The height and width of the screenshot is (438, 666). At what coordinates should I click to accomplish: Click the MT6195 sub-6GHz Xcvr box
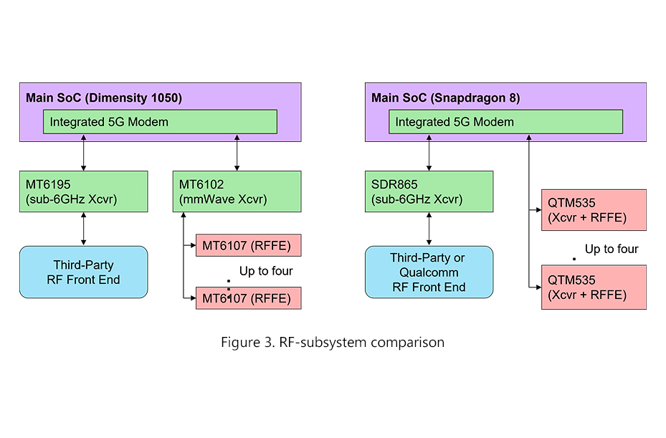(84, 191)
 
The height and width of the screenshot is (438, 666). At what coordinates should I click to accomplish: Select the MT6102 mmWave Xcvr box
(237, 191)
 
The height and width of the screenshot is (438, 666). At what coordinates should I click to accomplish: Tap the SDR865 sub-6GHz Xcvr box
(429, 191)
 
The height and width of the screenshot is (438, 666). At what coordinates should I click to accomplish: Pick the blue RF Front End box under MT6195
(84, 272)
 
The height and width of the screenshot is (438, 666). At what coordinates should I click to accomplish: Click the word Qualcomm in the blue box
(429, 272)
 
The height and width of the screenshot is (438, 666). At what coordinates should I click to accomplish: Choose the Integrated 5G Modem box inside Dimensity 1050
(160, 122)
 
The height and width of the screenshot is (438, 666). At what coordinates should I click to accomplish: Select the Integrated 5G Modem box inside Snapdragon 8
(505, 122)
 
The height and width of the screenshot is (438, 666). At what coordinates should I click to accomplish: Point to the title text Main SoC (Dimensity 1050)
(104, 97)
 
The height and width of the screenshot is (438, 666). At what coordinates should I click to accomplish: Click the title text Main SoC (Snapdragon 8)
(445, 97)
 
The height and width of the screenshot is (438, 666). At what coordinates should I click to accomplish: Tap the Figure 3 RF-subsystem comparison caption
(333, 342)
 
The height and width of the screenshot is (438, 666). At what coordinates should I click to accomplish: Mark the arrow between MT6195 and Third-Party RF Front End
(84, 229)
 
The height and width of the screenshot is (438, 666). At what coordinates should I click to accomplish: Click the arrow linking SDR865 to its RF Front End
(429, 229)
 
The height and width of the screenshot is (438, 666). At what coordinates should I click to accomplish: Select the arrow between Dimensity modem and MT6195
(84, 152)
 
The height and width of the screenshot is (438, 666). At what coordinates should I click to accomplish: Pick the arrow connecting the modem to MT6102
(237, 152)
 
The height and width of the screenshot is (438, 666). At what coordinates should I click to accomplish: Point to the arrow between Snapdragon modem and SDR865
(429, 152)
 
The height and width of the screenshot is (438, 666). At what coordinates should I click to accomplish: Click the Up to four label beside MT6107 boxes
(266, 271)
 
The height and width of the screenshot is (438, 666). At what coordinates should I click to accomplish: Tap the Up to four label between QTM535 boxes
(612, 249)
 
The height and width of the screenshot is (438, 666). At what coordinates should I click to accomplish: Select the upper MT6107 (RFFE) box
(248, 246)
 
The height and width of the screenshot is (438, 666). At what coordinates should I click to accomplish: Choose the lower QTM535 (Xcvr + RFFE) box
(594, 287)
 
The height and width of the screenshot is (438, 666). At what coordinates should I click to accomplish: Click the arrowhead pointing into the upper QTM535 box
(537, 210)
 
